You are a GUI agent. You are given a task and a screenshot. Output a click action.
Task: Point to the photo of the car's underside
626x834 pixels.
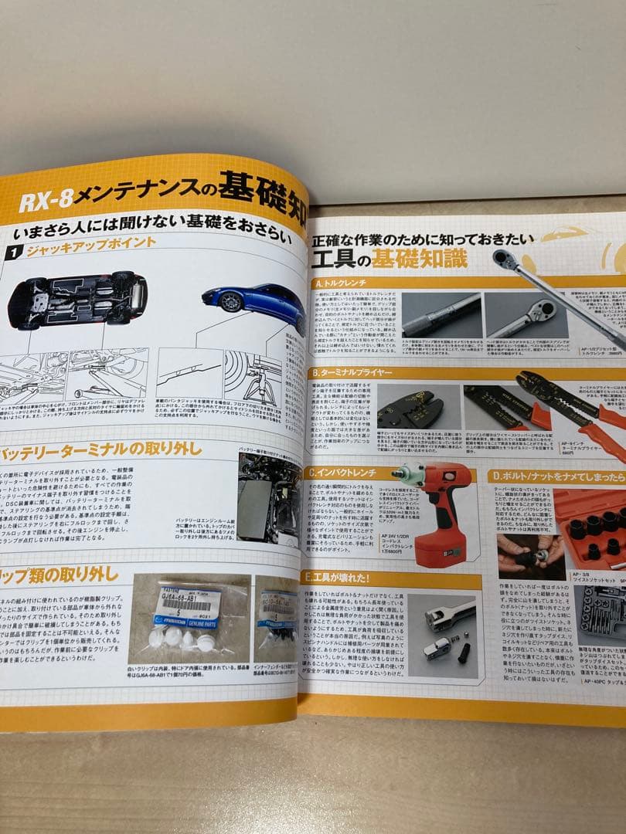[77, 299]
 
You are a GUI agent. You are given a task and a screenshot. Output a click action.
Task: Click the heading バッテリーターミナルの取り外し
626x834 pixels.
[101, 449]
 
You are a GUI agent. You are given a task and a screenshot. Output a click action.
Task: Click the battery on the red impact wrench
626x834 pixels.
[439, 544]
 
